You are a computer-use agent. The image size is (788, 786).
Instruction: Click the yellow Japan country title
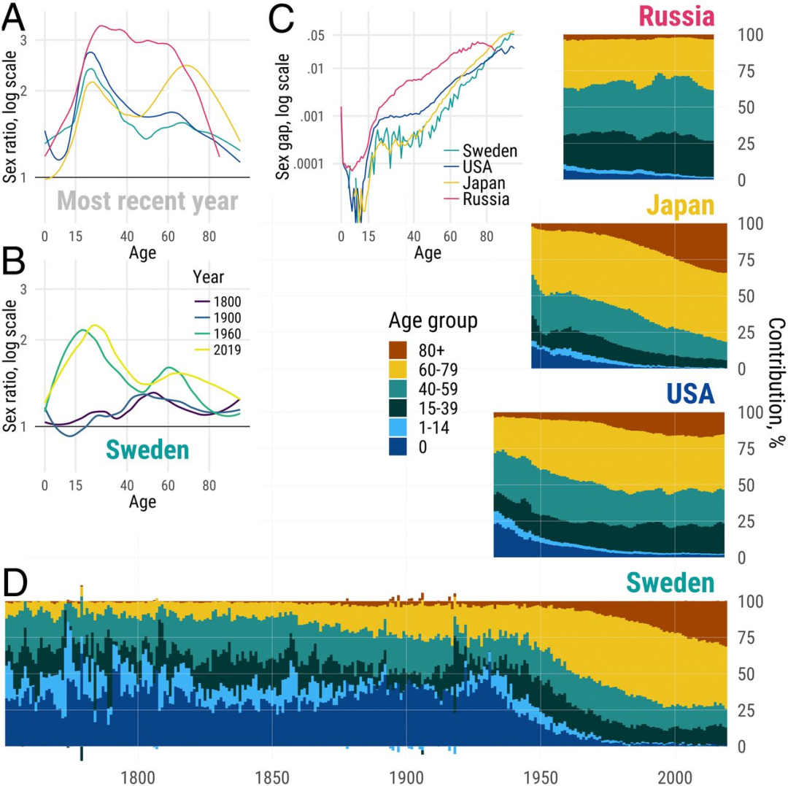point(679,207)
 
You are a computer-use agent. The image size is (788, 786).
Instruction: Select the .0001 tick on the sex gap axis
point(315,163)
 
